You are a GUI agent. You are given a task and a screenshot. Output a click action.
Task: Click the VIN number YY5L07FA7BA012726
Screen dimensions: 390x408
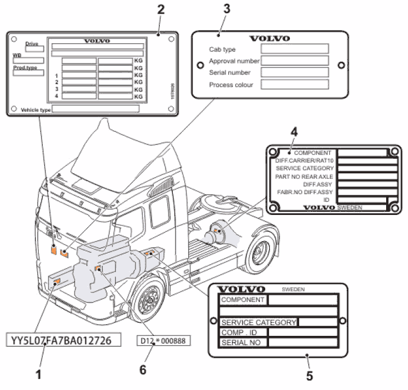(65, 340)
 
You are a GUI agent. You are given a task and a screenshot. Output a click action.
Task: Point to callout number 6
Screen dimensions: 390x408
(143, 370)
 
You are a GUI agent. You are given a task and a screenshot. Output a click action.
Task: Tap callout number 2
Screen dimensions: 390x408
(160, 8)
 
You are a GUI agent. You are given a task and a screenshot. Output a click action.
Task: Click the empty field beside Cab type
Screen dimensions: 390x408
(294, 49)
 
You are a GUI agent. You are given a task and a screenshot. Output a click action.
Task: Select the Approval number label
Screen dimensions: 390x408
(234, 61)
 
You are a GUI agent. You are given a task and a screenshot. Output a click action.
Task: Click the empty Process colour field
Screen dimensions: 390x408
(294, 84)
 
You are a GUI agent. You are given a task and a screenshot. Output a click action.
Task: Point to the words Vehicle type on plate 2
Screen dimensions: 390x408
(36, 110)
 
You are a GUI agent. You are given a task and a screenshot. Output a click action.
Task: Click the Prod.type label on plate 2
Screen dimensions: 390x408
(24, 68)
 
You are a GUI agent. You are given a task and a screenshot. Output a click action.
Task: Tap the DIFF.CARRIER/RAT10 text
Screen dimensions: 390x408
(305, 161)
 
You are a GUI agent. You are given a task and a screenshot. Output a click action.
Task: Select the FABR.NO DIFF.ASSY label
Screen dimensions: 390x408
(305, 193)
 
